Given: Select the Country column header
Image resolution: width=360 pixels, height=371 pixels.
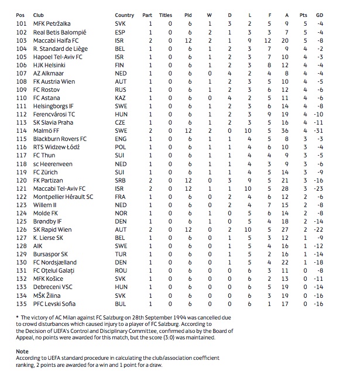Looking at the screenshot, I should pos(124,15).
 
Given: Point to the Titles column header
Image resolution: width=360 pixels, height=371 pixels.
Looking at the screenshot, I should pos(166,15).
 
